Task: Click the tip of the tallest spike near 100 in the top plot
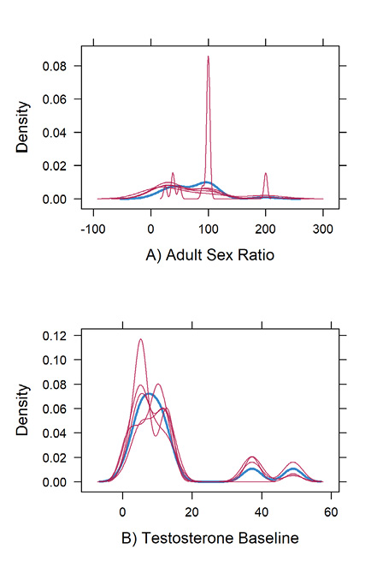coord(208,57)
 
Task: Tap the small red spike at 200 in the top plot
coord(266,174)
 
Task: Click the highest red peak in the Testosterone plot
coord(140,339)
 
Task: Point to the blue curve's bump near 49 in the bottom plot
coord(292,469)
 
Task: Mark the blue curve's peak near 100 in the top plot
coord(205,182)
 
